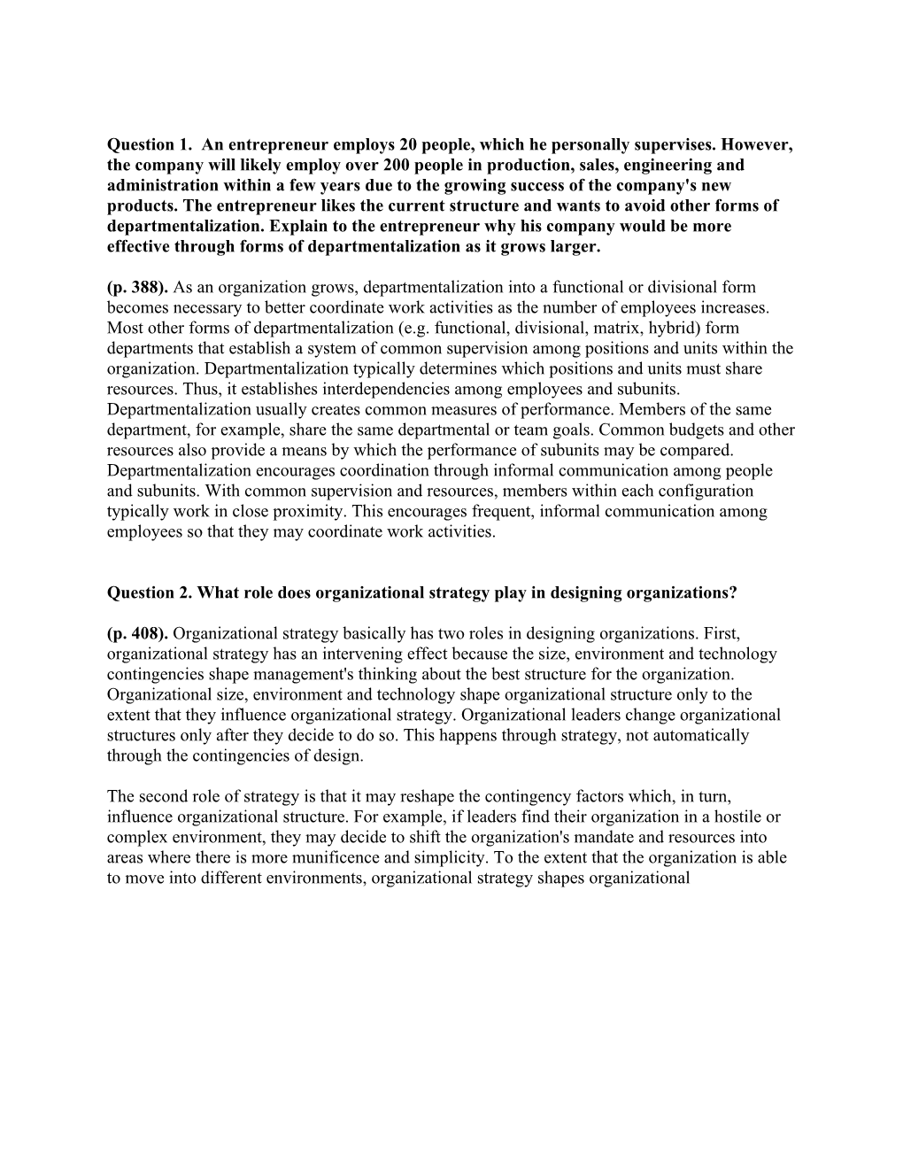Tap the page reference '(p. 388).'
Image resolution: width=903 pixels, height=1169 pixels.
(x=138, y=287)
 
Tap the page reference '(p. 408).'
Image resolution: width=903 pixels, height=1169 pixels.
(x=138, y=633)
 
